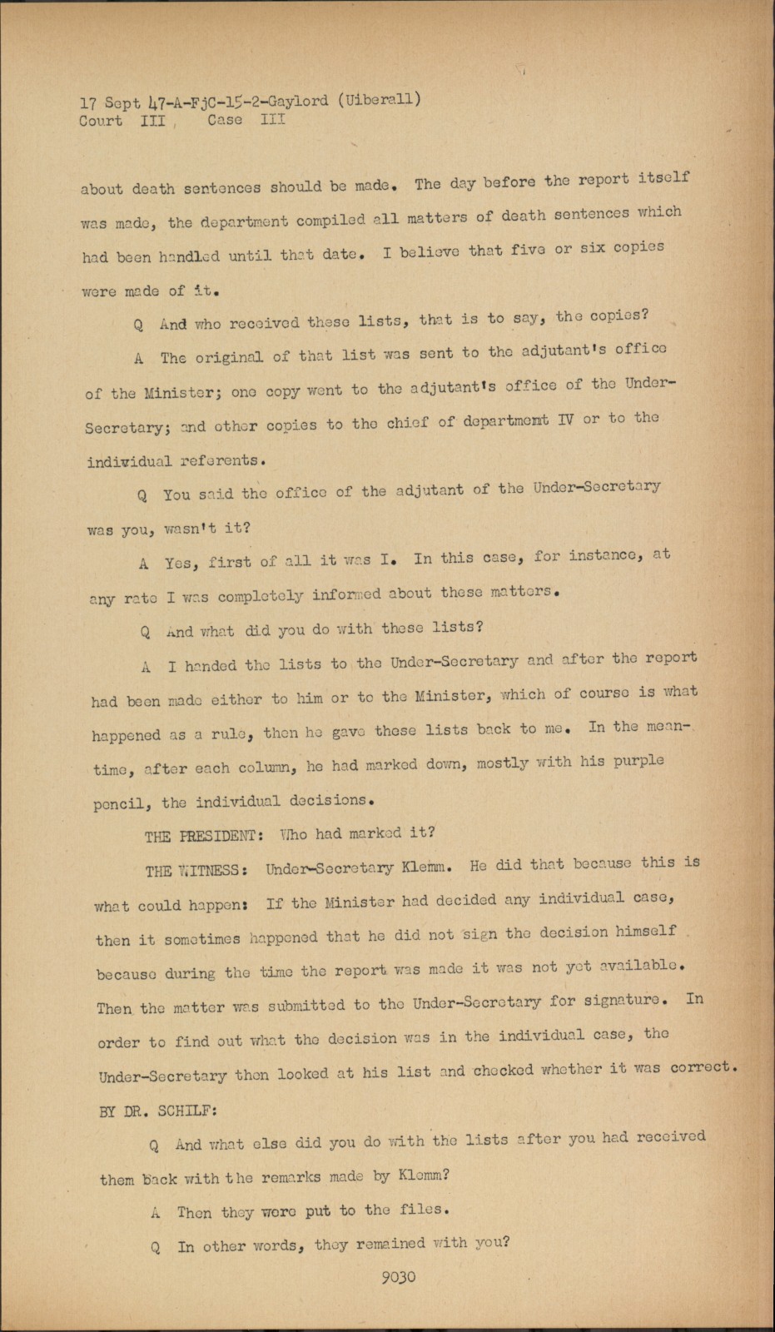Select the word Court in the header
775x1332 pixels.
point(101,121)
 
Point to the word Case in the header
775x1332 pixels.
point(225,120)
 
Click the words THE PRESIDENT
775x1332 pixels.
point(199,836)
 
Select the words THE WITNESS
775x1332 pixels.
point(196,871)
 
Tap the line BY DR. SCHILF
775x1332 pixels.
point(157,1111)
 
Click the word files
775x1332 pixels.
point(427,1209)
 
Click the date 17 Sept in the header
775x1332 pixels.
point(110,103)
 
